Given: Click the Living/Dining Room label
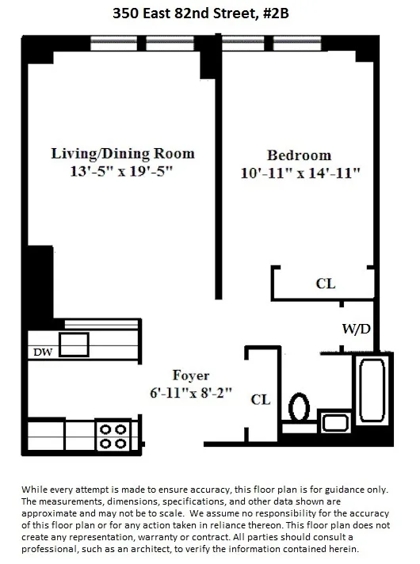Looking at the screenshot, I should coord(123,153).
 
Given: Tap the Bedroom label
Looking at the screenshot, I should coord(299,155).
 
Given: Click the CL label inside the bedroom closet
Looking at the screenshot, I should coord(325,283).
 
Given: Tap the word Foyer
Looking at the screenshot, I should coord(191,375).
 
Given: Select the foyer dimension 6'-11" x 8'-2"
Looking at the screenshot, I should coord(192,391).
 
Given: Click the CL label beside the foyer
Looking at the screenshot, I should coord(260,400).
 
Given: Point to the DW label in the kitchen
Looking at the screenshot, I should coord(42,352).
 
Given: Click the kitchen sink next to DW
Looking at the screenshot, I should coord(74,345).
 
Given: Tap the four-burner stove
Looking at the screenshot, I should coord(111,435).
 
